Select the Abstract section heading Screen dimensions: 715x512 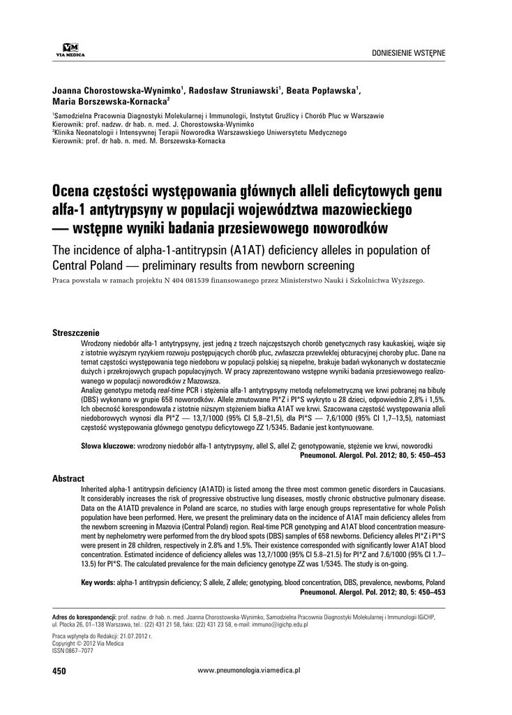68,479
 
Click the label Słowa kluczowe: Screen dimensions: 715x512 108,445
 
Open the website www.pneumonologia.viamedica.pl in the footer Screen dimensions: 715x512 249,670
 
